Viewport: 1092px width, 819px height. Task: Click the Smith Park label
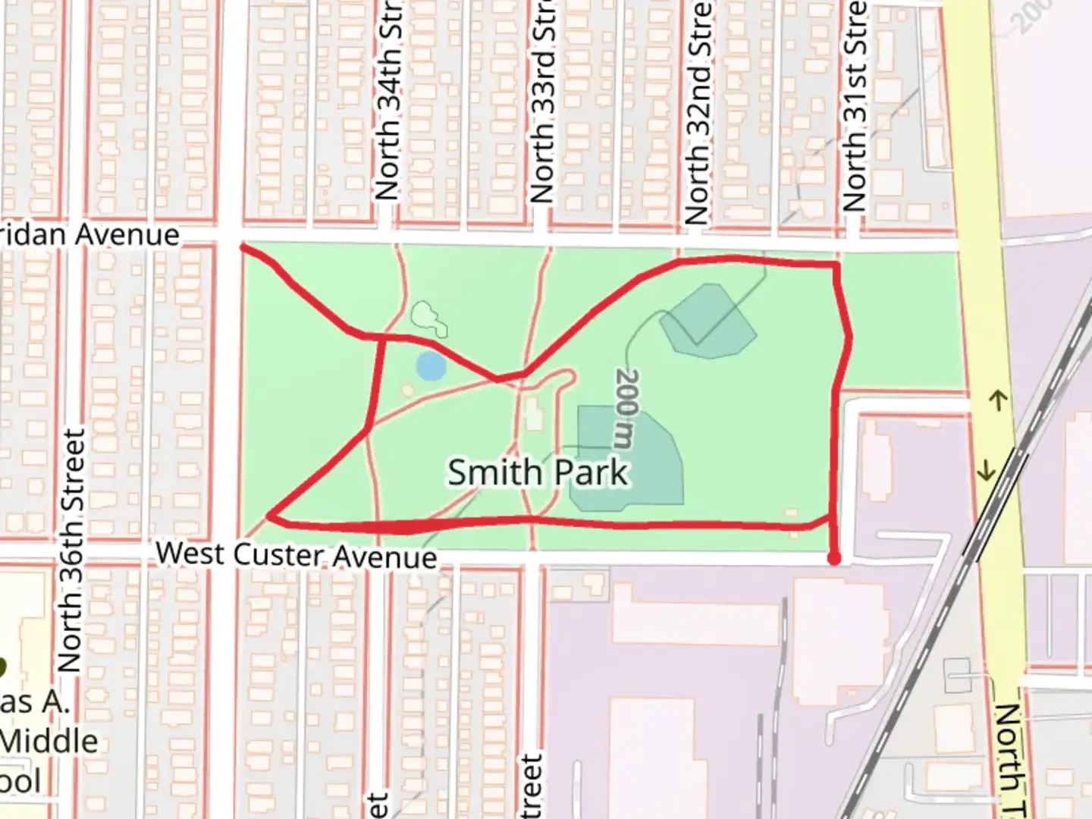538,472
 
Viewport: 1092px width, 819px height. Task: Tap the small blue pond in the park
431,366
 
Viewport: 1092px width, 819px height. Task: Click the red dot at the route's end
834,559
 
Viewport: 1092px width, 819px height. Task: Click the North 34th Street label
388,106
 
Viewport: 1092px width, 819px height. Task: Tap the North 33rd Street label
542,106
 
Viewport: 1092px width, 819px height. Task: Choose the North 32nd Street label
698,114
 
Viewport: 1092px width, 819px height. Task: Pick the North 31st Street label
855,106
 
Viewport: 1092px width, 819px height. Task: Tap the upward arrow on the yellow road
999,400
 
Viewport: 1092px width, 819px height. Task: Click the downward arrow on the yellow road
986,471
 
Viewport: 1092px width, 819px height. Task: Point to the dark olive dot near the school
2,667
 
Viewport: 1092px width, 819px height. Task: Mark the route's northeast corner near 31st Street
836,265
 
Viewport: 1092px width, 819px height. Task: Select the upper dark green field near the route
708,322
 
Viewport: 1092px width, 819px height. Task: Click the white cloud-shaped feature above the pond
428,318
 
